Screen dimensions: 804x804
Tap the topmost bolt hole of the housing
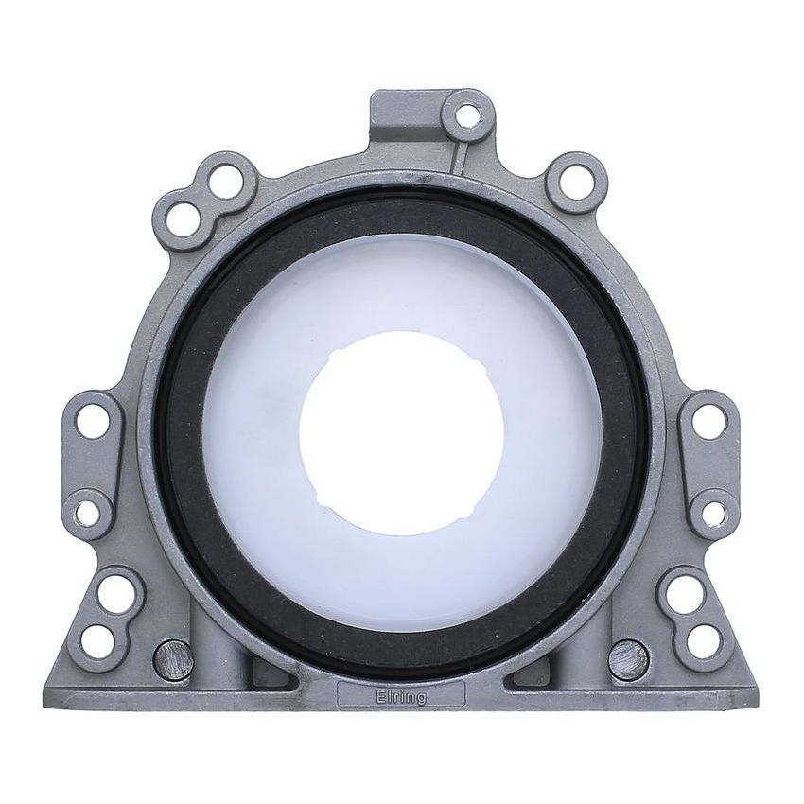click(467, 116)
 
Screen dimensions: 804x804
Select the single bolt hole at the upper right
click(576, 183)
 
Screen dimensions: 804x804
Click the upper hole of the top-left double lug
click(226, 181)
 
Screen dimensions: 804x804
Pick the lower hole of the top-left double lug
click(183, 220)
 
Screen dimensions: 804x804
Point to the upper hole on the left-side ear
click(93, 421)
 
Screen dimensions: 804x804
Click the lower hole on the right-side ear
click(714, 513)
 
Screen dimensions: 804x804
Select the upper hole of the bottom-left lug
click(116, 593)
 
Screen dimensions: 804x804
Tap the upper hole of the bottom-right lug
click(685, 593)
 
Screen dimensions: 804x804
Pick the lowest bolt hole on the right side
click(704, 641)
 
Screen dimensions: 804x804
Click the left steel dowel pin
click(173, 659)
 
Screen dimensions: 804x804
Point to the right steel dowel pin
click(629, 659)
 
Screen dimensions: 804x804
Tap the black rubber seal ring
click(402, 210)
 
